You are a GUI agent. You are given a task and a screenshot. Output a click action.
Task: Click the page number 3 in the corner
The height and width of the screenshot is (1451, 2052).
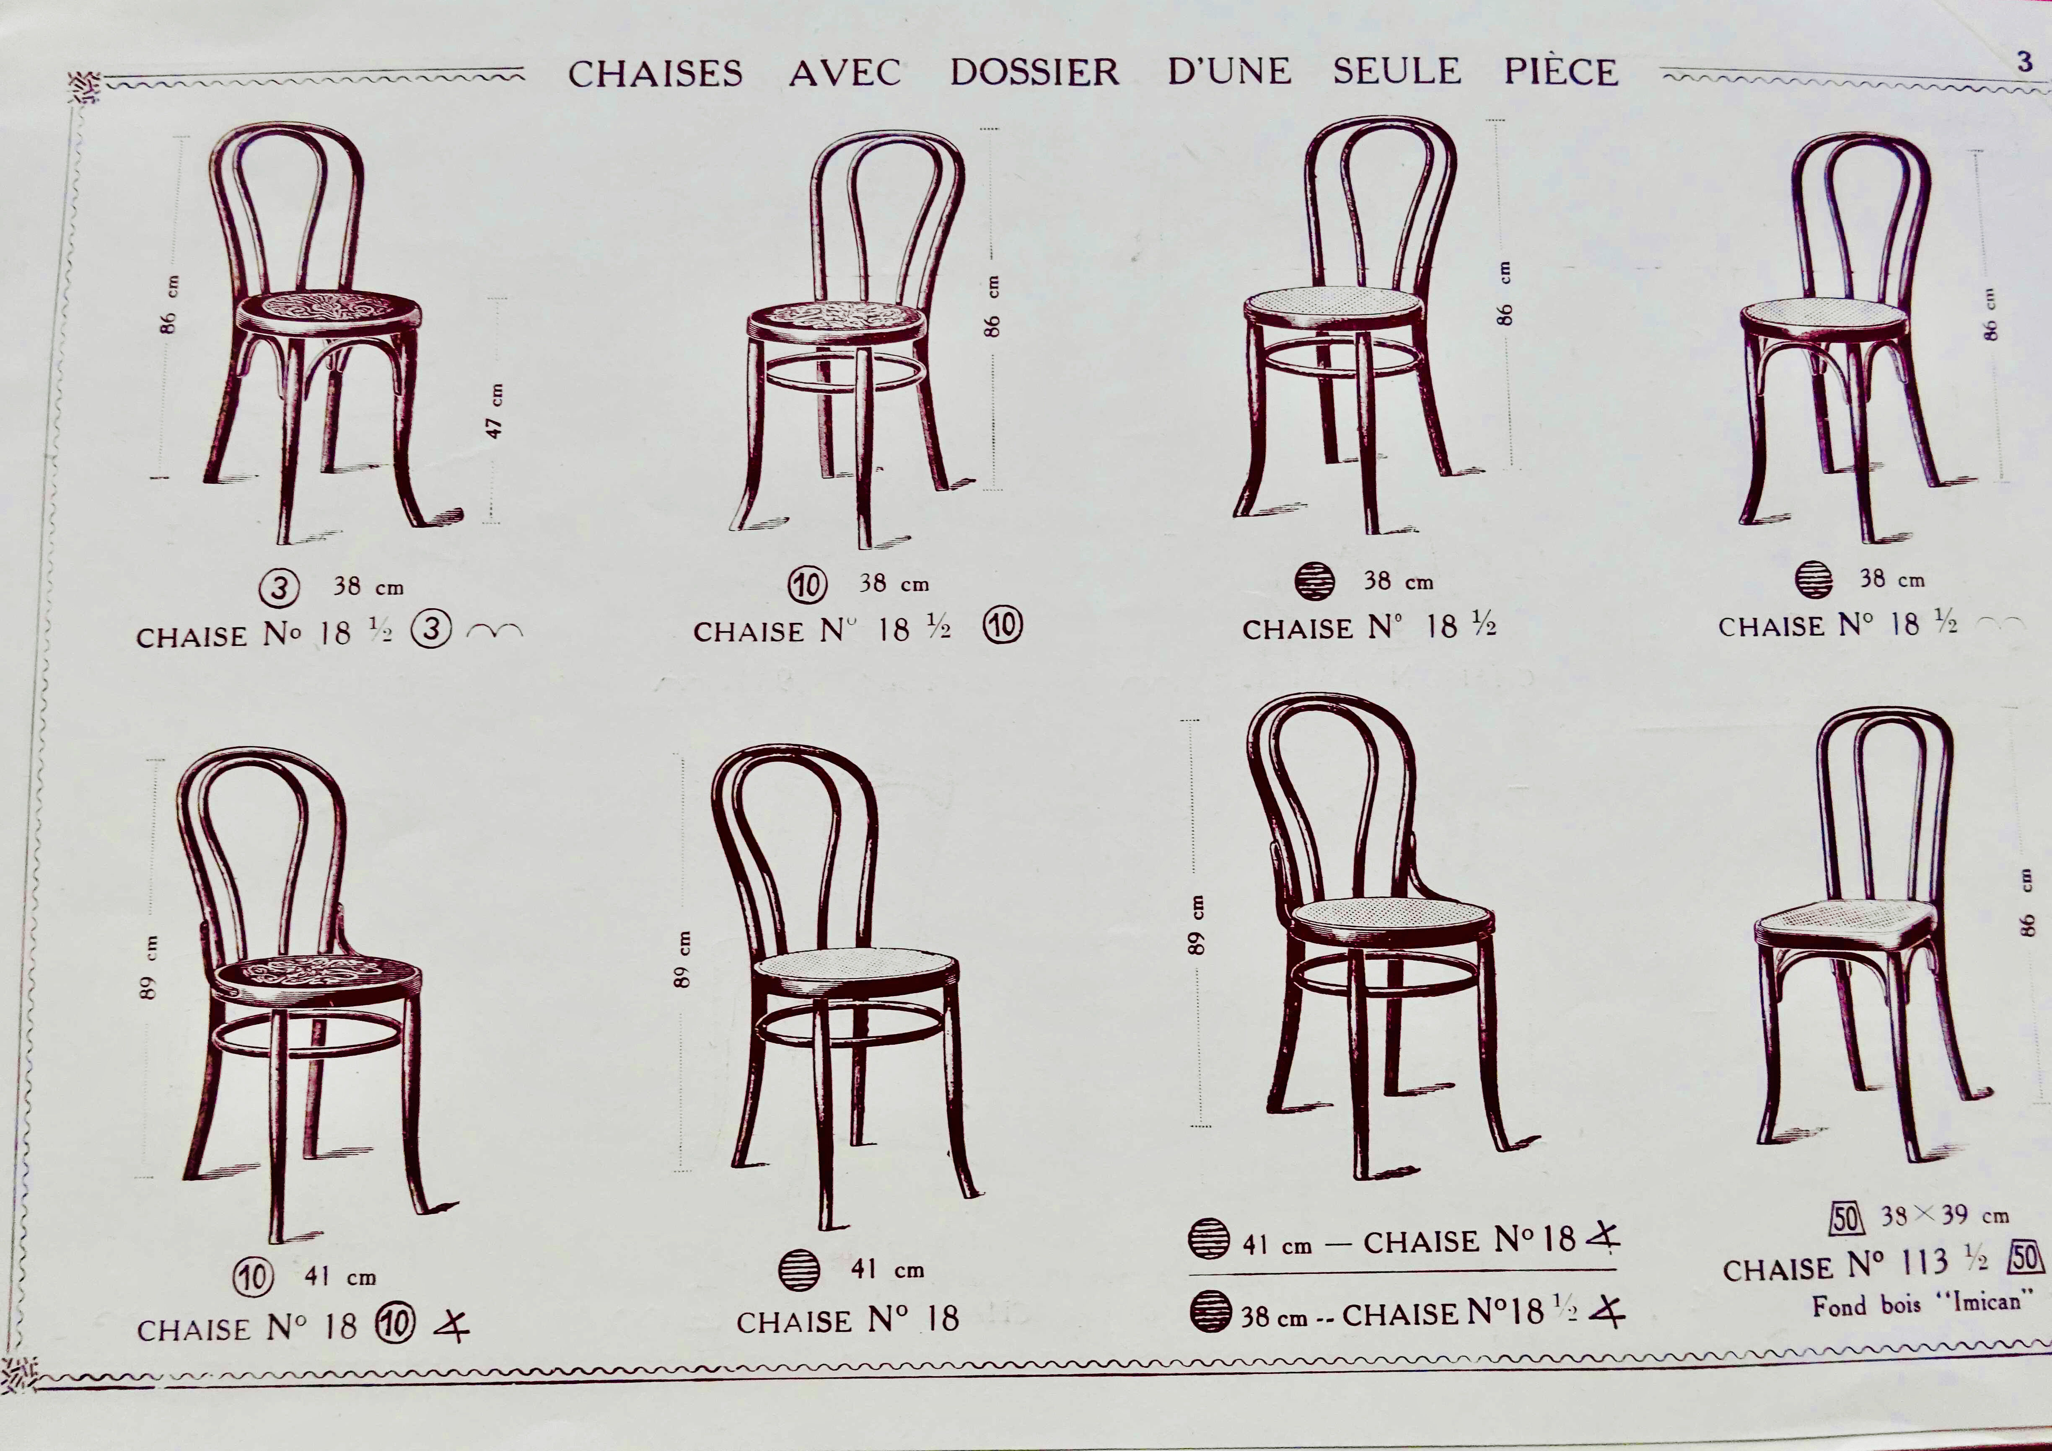pos(2024,62)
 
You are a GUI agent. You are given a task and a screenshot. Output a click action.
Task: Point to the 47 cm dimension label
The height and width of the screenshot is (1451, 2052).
pos(495,411)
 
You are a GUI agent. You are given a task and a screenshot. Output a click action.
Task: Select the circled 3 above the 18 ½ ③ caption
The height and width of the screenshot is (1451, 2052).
pos(280,588)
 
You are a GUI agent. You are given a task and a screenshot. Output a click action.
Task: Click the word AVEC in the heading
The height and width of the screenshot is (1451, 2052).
pos(845,72)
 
